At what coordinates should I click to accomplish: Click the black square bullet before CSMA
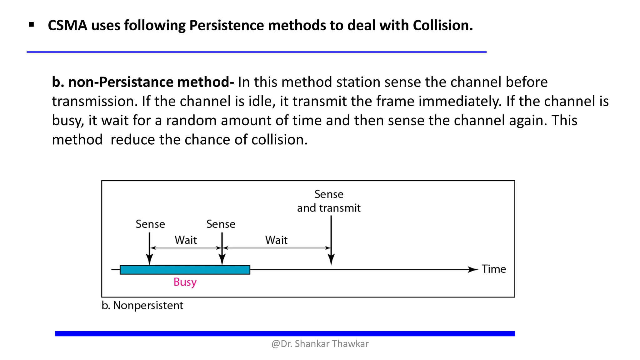pyautogui.click(x=31, y=25)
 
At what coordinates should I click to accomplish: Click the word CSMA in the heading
pyautogui.click(x=67, y=25)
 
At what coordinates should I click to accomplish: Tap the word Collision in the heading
pyautogui.click(x=442, y=25)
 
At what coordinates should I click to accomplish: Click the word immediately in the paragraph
pyautogui.click(x=460, y=101)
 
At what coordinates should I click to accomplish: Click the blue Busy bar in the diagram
pyautogui.click(x=185, y=270)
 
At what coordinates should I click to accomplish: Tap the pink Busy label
pyautogui.click(x=185, y=282)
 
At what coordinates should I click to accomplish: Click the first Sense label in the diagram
pyautogui.click(x=150, y=224)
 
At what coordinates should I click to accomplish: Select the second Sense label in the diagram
pyautogui.click(x=221, y=224)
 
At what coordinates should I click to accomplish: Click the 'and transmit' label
pyautogui.click(x=329, y=208)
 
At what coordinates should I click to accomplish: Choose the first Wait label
pyautogui.click(x=186, y=240)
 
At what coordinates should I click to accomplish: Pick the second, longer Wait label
pyautogui.click(x=276, y=240)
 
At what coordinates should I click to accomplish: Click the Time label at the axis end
pyautogui.click(x=493, y=269)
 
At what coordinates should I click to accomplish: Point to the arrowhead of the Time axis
pyautogui.click(x=473, y=269)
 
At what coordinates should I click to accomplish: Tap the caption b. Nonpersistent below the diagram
pyautogui.click(x=142, y=305)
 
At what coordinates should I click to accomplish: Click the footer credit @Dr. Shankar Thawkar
pyautogui.click(x=320, y=344)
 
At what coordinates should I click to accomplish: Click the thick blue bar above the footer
pyautogui.click(x=285, y=334)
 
